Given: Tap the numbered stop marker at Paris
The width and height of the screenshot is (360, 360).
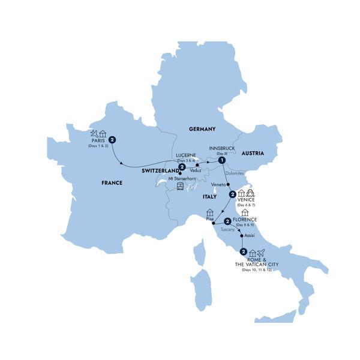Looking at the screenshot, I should coord(112,140).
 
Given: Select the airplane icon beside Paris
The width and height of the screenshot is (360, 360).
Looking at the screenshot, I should coord(94,133).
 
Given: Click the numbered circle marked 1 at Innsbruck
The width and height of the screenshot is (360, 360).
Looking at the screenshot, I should coord(221,160).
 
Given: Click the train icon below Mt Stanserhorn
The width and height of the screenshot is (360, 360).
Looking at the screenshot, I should coord(180,187).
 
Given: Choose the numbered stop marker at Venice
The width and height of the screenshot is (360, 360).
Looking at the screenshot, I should coord(232,194).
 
